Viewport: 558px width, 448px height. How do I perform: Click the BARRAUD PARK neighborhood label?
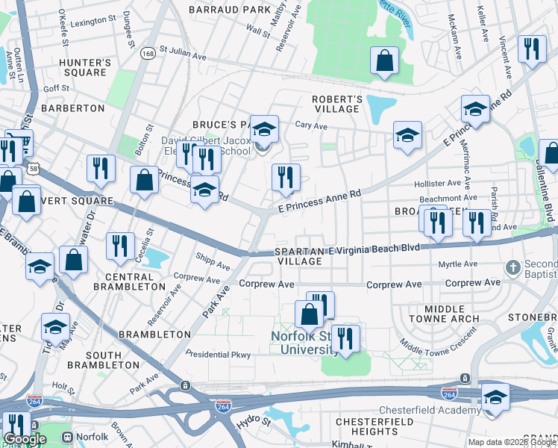[x=229, y=10]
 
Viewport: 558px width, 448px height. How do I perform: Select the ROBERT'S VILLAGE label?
[x=336, y=104]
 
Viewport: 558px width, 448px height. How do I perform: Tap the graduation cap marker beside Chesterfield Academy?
[x=495, y=398]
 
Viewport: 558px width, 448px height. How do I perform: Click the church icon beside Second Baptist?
[x=512, y=267]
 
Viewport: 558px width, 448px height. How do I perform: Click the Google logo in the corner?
[x=25, y=439]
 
